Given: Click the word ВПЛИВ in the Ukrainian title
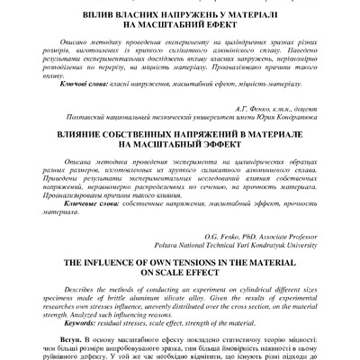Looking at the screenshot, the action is point(109,16).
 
